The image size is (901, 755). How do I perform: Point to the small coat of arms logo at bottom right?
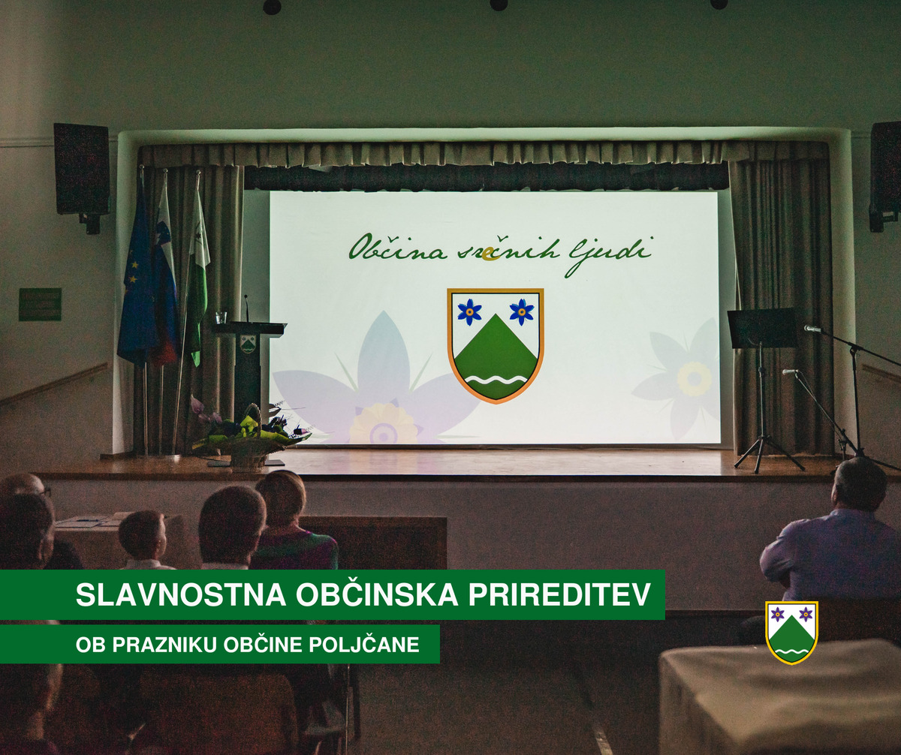pyautogui.click(x=792, y=633)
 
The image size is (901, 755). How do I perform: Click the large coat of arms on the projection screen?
pyautogui.click(x=496, y=345)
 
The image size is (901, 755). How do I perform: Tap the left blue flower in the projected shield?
pyautogui.click(x=469, y=311)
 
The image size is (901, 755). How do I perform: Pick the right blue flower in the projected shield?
pyautogui.click(x=521, y=311)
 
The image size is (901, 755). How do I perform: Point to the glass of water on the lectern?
pyautogui.click(x=221, y=317)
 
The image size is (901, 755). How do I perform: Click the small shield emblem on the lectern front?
pyautogui.click(x=248, y=344)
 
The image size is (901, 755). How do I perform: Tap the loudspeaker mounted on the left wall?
pyautogui.click(x=81, y=173)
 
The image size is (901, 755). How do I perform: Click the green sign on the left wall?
pyautogui.click(x=40, y=305)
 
